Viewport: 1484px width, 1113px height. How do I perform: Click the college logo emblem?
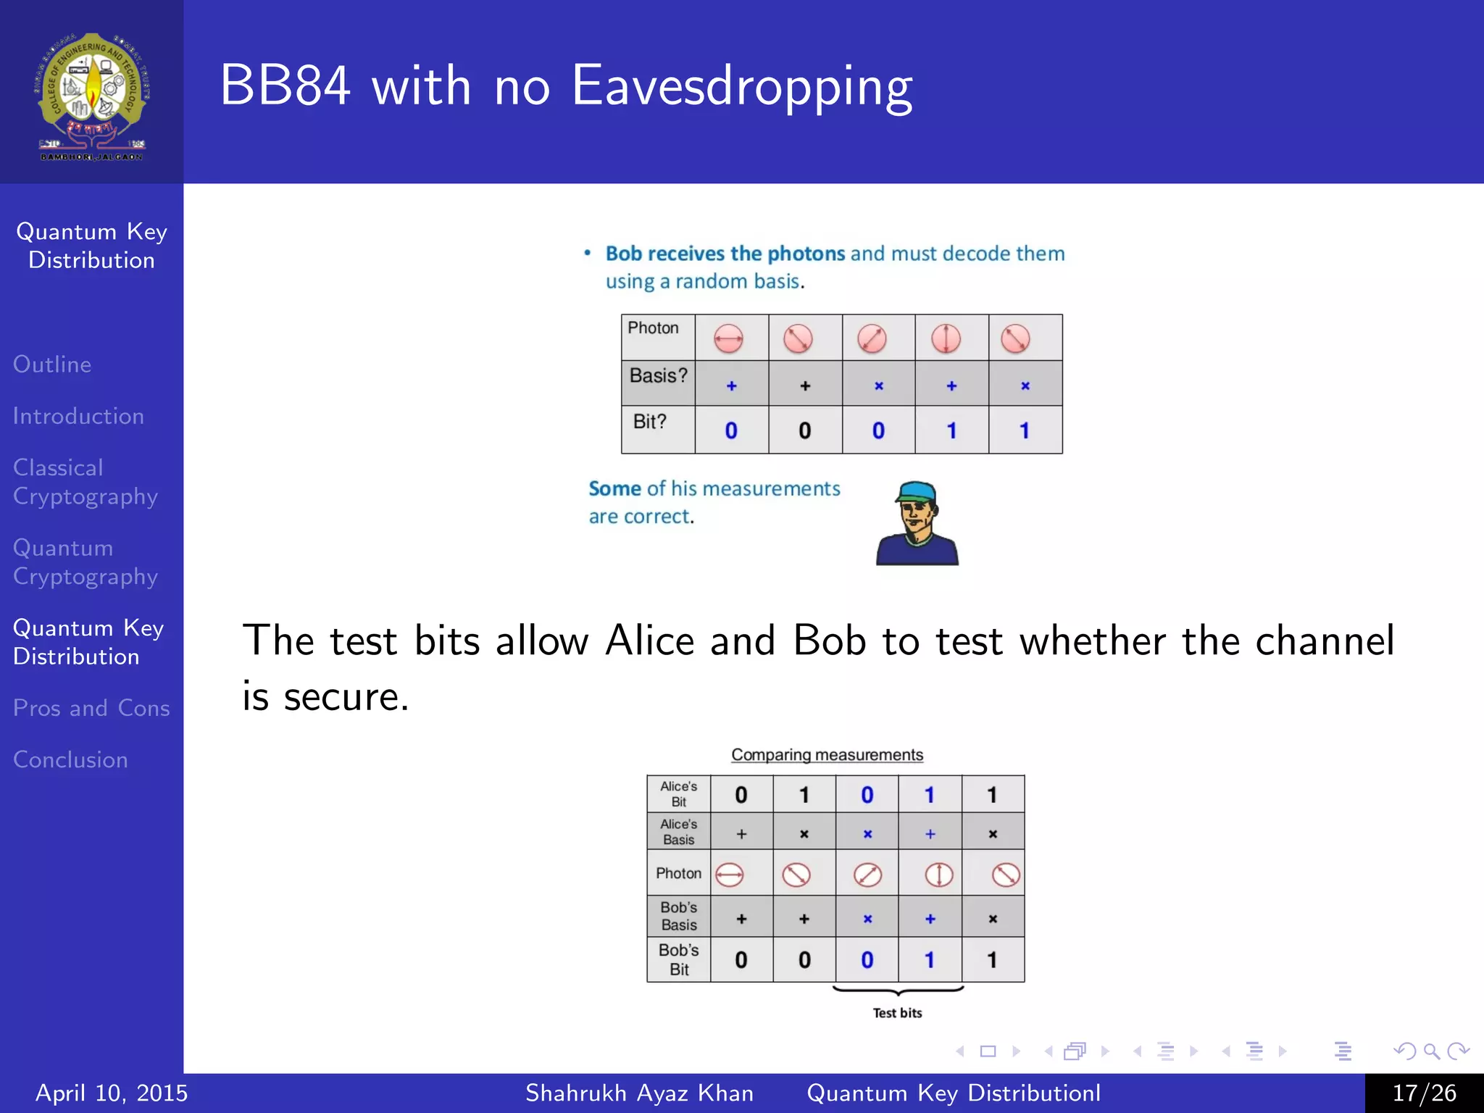point(92,94)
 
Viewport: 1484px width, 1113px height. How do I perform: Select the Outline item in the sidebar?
point(52,364)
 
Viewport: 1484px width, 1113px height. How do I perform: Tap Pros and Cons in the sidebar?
point(91,708)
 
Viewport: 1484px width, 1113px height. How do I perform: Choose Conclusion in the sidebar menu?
point(70,759)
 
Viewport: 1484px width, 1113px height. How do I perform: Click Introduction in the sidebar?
point(78,416)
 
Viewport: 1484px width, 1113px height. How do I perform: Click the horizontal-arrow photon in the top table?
point(728,338)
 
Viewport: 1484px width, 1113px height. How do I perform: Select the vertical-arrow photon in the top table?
point(946,338)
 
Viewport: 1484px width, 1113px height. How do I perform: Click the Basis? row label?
point(658,376)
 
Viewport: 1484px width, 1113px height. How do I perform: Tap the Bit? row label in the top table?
point(650,422)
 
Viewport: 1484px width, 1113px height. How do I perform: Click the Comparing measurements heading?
point(827,754)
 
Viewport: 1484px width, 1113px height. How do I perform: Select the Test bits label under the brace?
point(897,1013)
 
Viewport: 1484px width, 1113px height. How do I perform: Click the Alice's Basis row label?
point(678,832)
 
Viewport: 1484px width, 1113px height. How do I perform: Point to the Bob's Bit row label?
point(678,959)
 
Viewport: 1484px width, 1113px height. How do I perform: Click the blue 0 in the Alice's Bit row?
point(867,795)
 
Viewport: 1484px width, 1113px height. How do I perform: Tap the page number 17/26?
point(1424,1093)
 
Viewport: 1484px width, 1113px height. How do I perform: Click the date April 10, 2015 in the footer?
point(112,1093)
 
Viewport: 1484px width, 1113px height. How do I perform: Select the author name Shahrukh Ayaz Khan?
point(639,1093)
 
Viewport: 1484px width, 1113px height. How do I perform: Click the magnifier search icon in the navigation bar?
point(1431,1051)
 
